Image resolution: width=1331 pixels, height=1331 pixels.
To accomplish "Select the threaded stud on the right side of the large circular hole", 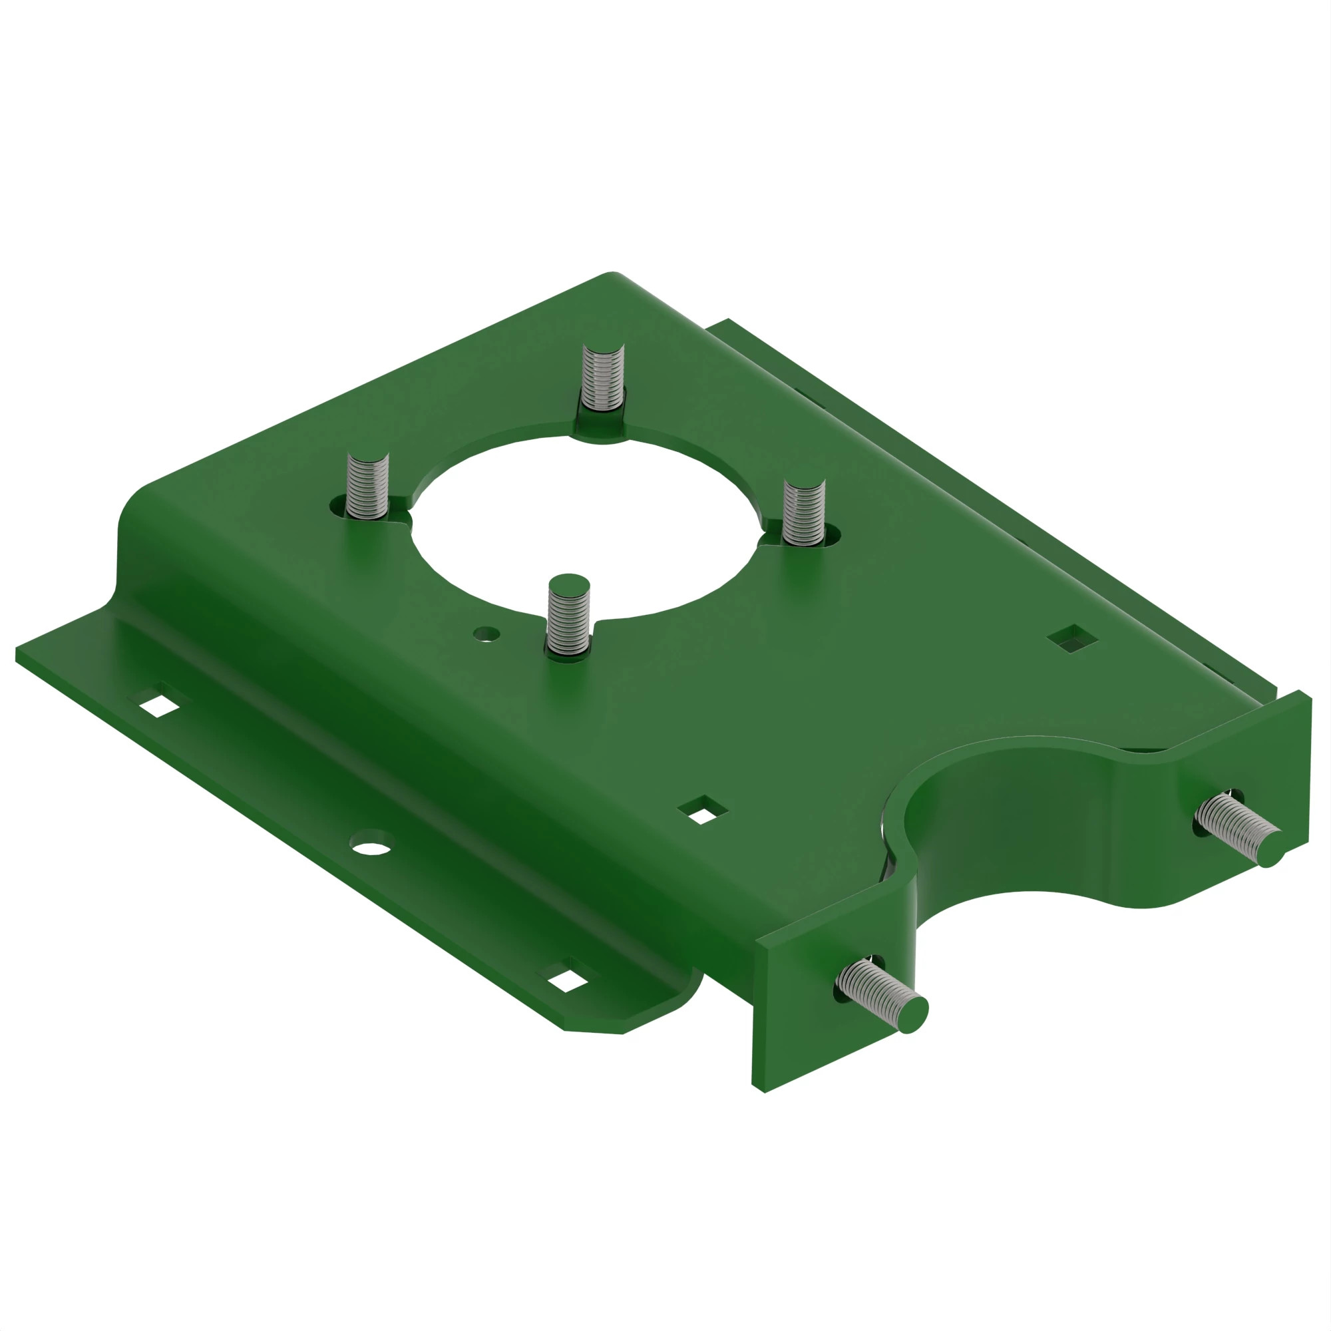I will pyautogui.click(x=804, y=512).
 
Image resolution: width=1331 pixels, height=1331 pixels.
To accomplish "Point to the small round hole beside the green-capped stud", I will pyautogui.click(x=486, y=632).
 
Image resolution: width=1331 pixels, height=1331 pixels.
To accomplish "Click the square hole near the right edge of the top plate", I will pyautogui.click(x=1072, y=640).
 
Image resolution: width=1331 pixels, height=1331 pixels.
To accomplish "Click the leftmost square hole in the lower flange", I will pyautogui.click(x=159, y=705).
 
